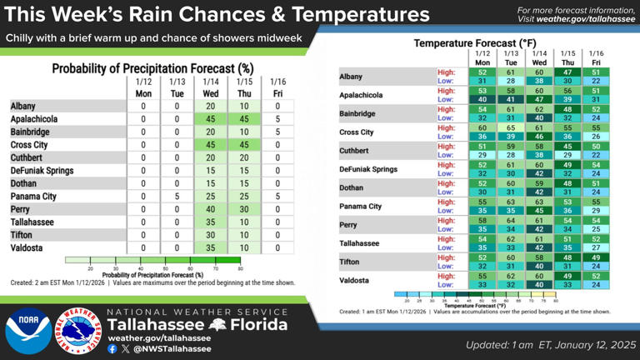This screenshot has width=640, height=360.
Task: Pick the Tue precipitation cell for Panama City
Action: click(x=177, y=197)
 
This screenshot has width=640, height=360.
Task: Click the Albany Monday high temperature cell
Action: click(x=482, y=72)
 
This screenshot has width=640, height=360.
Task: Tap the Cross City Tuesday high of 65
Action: click(x=511, y=127)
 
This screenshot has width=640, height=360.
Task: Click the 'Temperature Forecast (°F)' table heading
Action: click(x=475, y=42)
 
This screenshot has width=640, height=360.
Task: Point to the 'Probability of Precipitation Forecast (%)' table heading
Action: click(x=152, y=68)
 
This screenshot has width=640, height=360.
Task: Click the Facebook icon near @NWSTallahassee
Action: click(x=112, y=349)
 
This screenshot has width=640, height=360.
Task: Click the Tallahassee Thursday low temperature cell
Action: click(x=567, y=247)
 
